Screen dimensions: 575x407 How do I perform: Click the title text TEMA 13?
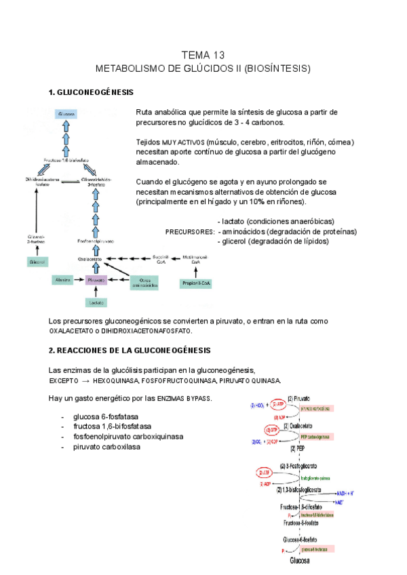pos(203,55)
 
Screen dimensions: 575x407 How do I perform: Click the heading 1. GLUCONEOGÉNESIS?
pos(91,92)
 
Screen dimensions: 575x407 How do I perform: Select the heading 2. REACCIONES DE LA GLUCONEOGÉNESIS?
pos(130,350)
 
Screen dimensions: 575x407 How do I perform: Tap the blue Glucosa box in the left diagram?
pos(66,113)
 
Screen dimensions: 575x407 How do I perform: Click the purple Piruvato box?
pos(96,280)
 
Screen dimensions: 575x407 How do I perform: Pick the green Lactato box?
pos(96,302)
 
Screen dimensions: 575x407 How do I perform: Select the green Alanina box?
pos(63,280)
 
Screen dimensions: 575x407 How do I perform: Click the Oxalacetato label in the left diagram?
pos(90,258)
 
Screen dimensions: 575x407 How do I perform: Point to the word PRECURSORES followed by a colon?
pos(190,232)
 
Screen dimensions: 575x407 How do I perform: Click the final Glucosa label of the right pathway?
pos(300,561)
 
